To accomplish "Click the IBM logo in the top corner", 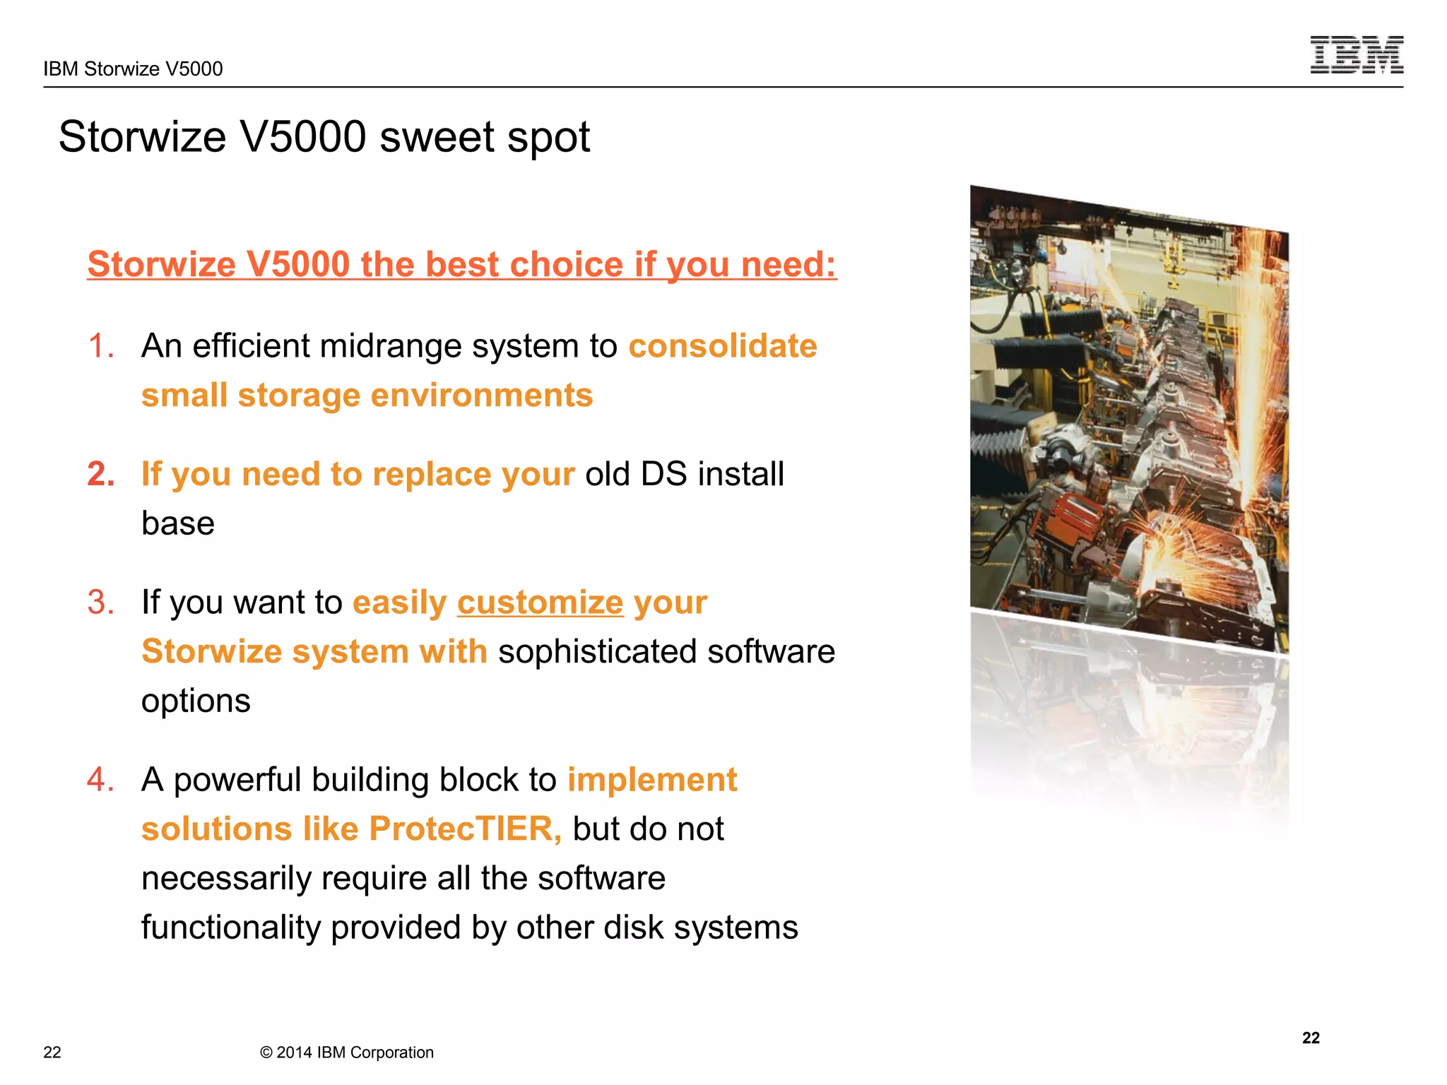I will pyautogui.click(x=1356, y=55).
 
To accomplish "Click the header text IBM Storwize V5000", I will pyautogui.click(x=133, y=69).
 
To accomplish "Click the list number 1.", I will pyautogui.click(x=100, y=346).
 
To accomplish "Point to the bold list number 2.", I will pyautogui.click(x=101, y=474).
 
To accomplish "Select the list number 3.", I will pyautogui.click(x=100, y=603).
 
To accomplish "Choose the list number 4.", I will pyautogui.click(x=100, y=780).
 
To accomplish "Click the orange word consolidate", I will pyautogui.click(x=722, y=346).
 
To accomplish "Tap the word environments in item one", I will pyautogui.click(x=481, y=396).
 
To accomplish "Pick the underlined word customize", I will pyautogui.click(x=540, y=603).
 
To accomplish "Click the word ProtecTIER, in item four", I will pyautogui.click(x=465, y=829).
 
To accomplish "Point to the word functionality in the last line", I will pyautogui.click(x=230, y=927).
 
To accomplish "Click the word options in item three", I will pyautogui.click(x=196, y=701).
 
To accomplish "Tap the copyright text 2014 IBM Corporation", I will pyautogui.click(x=347, y=1053).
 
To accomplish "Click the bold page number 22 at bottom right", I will pyautogui.click(x=1311, y=1038).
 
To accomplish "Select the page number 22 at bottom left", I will pyautogui.click(x=52, y=1053).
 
